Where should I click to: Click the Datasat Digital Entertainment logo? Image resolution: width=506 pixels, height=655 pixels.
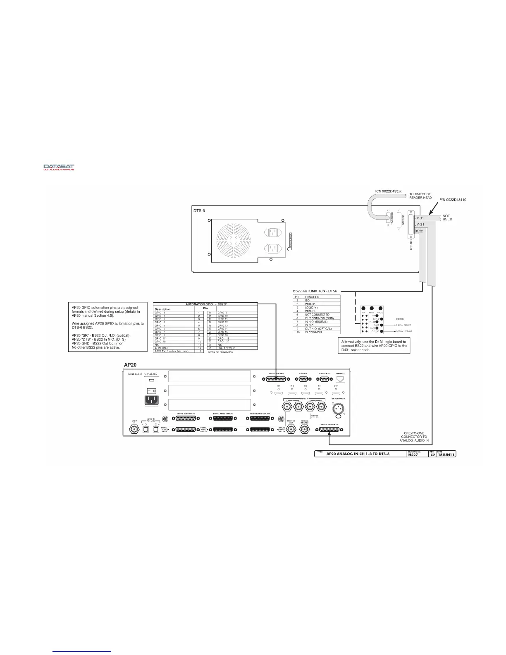point(59,167)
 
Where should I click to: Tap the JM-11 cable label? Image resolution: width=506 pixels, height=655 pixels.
point(419,218)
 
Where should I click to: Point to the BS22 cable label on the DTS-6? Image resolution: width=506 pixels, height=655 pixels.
point(419,231)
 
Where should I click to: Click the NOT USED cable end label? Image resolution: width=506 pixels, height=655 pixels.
point(447,218)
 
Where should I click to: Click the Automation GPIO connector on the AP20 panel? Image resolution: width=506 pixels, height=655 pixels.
point(276,380)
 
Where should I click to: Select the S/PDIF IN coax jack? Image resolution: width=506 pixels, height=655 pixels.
point(134,429)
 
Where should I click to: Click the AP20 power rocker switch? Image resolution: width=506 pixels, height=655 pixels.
point(151,390)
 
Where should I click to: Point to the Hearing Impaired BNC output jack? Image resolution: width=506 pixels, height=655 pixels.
point(305,430)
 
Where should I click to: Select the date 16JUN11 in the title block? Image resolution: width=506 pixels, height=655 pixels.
point(446,454)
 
